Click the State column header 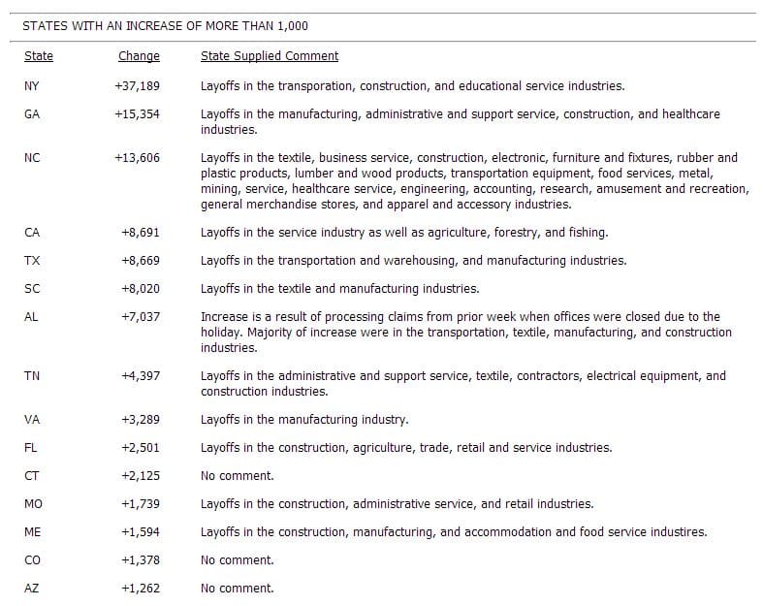[x=39, y=56]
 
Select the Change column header [x=139, y=56]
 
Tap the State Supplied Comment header [x=270, y=56]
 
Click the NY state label [x=32, y=86]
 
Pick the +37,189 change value [x=137, y=86]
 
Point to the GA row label [x=32, y=114]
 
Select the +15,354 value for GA [x=137, y=114]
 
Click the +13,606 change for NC [x=137, y=157]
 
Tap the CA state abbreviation [x=32, y=233]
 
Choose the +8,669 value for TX [x=140, y=261]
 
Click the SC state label [x=32, y=289]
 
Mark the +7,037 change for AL [x=140, y=317]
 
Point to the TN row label [x=32, y=376]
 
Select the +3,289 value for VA [x=140, y=420]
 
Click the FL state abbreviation [x=32, y=448]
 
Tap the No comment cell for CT [x=238, y=476]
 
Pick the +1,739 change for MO [x=140, y=504]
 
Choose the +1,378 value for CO [x=140, y=560]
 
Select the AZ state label [x=32, y=589]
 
